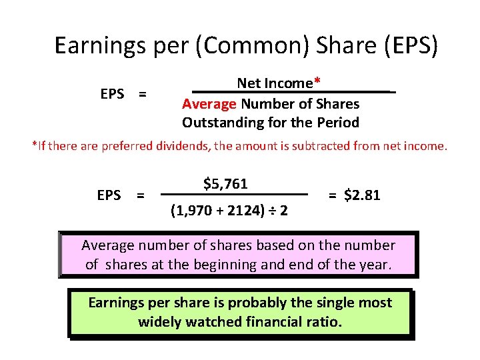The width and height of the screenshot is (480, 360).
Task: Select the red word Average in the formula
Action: click(x=209, y=104)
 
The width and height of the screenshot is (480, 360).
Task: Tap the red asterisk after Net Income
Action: click(x=317, y=83)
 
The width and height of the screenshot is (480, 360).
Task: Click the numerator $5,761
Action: click(x=226, y=183)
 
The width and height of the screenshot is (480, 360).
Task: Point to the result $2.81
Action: click(x=362, y=195)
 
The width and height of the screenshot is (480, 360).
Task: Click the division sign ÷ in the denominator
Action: click(x=273, y=211)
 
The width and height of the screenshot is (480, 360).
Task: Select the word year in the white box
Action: click(x=378, y=264)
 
